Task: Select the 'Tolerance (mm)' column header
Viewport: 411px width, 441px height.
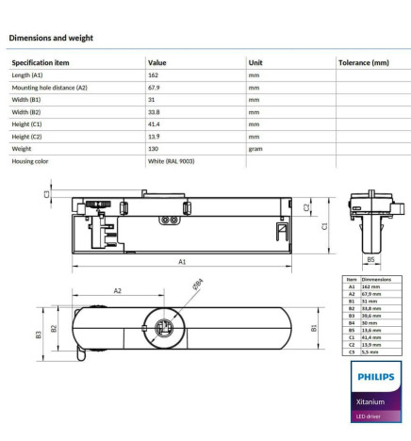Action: click(362, 62)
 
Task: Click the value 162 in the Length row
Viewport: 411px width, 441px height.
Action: click(154, 74)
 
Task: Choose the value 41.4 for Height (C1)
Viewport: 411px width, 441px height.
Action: click(155, 123)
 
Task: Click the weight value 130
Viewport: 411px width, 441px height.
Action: click(154, 148)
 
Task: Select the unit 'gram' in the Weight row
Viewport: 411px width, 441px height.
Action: click(255, 148)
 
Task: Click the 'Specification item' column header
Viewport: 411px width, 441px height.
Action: click(40, 62)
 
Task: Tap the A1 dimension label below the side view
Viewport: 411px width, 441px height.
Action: click(181, 261)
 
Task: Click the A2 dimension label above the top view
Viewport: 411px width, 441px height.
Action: click(118, 291)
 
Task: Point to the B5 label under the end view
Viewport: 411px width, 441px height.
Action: click(370, 258)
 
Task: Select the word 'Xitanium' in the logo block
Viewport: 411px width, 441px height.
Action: click(370, 401)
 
